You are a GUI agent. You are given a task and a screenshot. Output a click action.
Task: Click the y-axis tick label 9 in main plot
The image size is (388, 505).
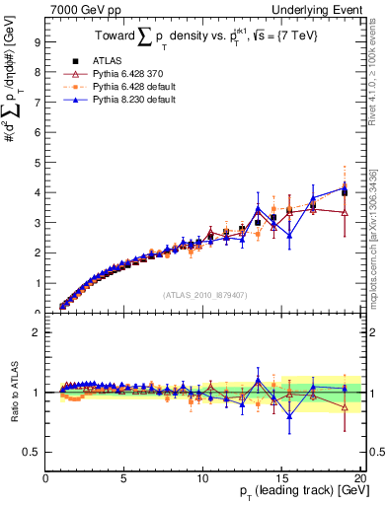pyautogui.click(x=37, y=42)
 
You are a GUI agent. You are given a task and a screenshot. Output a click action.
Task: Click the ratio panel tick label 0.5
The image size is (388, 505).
pyautogui.click(x=32, y=452)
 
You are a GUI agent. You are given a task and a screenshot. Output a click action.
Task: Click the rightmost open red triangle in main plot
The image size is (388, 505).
pyautogui.click(x=344, y=212)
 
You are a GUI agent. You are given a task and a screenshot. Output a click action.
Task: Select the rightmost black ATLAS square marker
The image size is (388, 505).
pyautogui.click(x=344, y=192)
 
